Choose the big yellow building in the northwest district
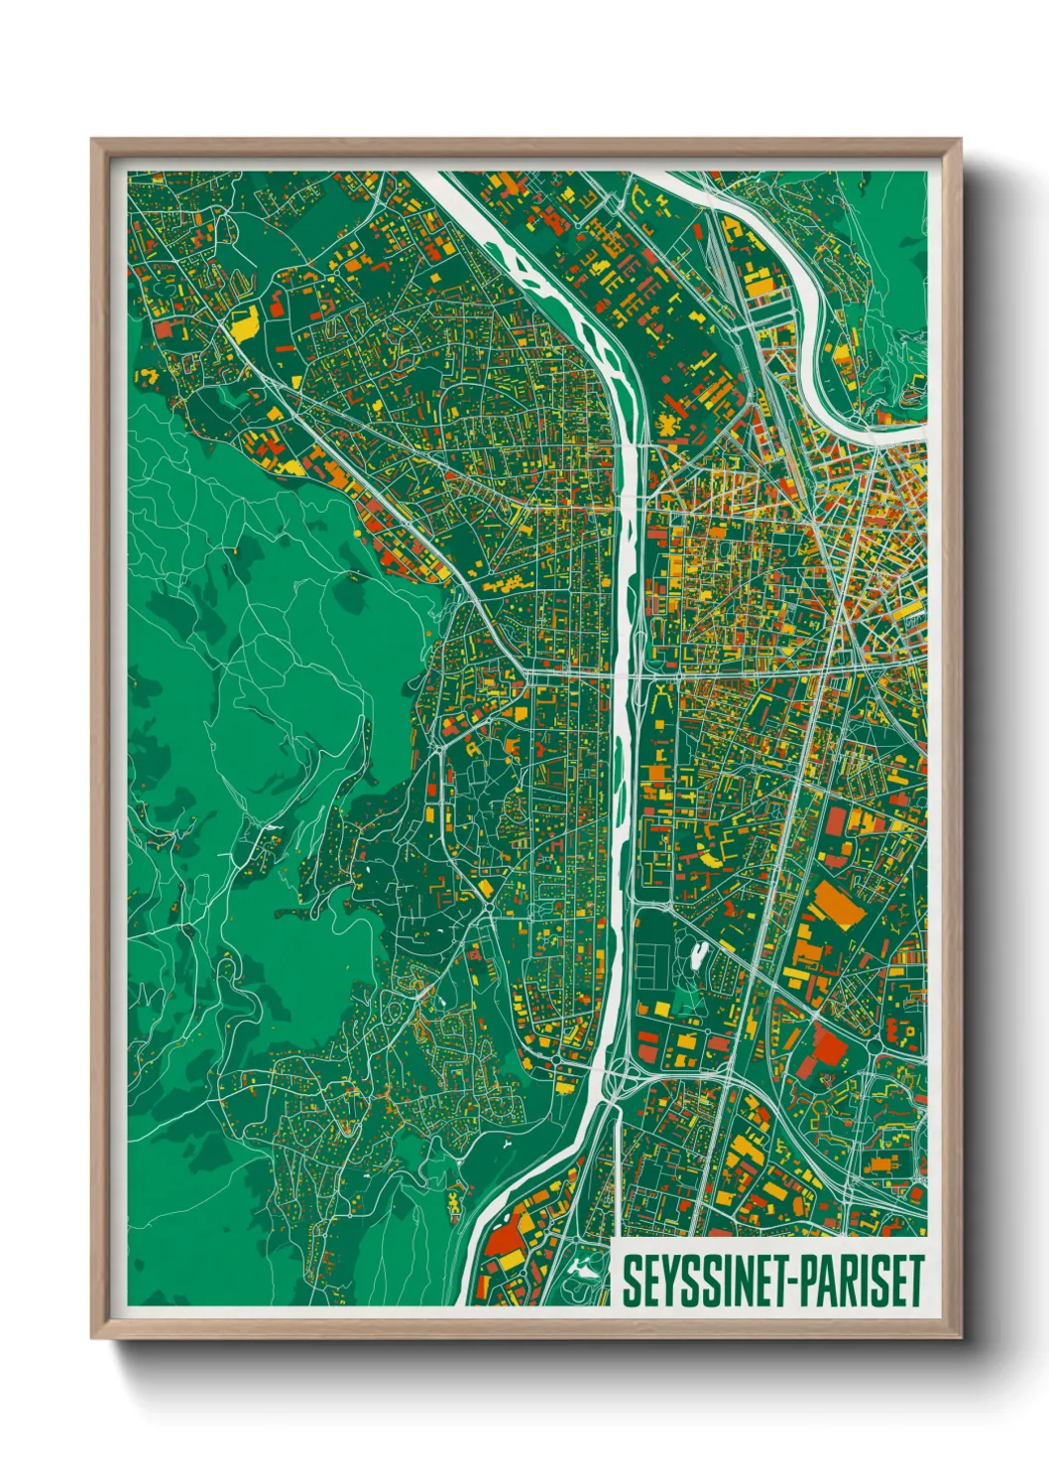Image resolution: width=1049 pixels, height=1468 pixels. click(x=244, y=322)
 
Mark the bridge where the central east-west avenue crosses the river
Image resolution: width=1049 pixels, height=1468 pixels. click(x=623, y=674)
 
